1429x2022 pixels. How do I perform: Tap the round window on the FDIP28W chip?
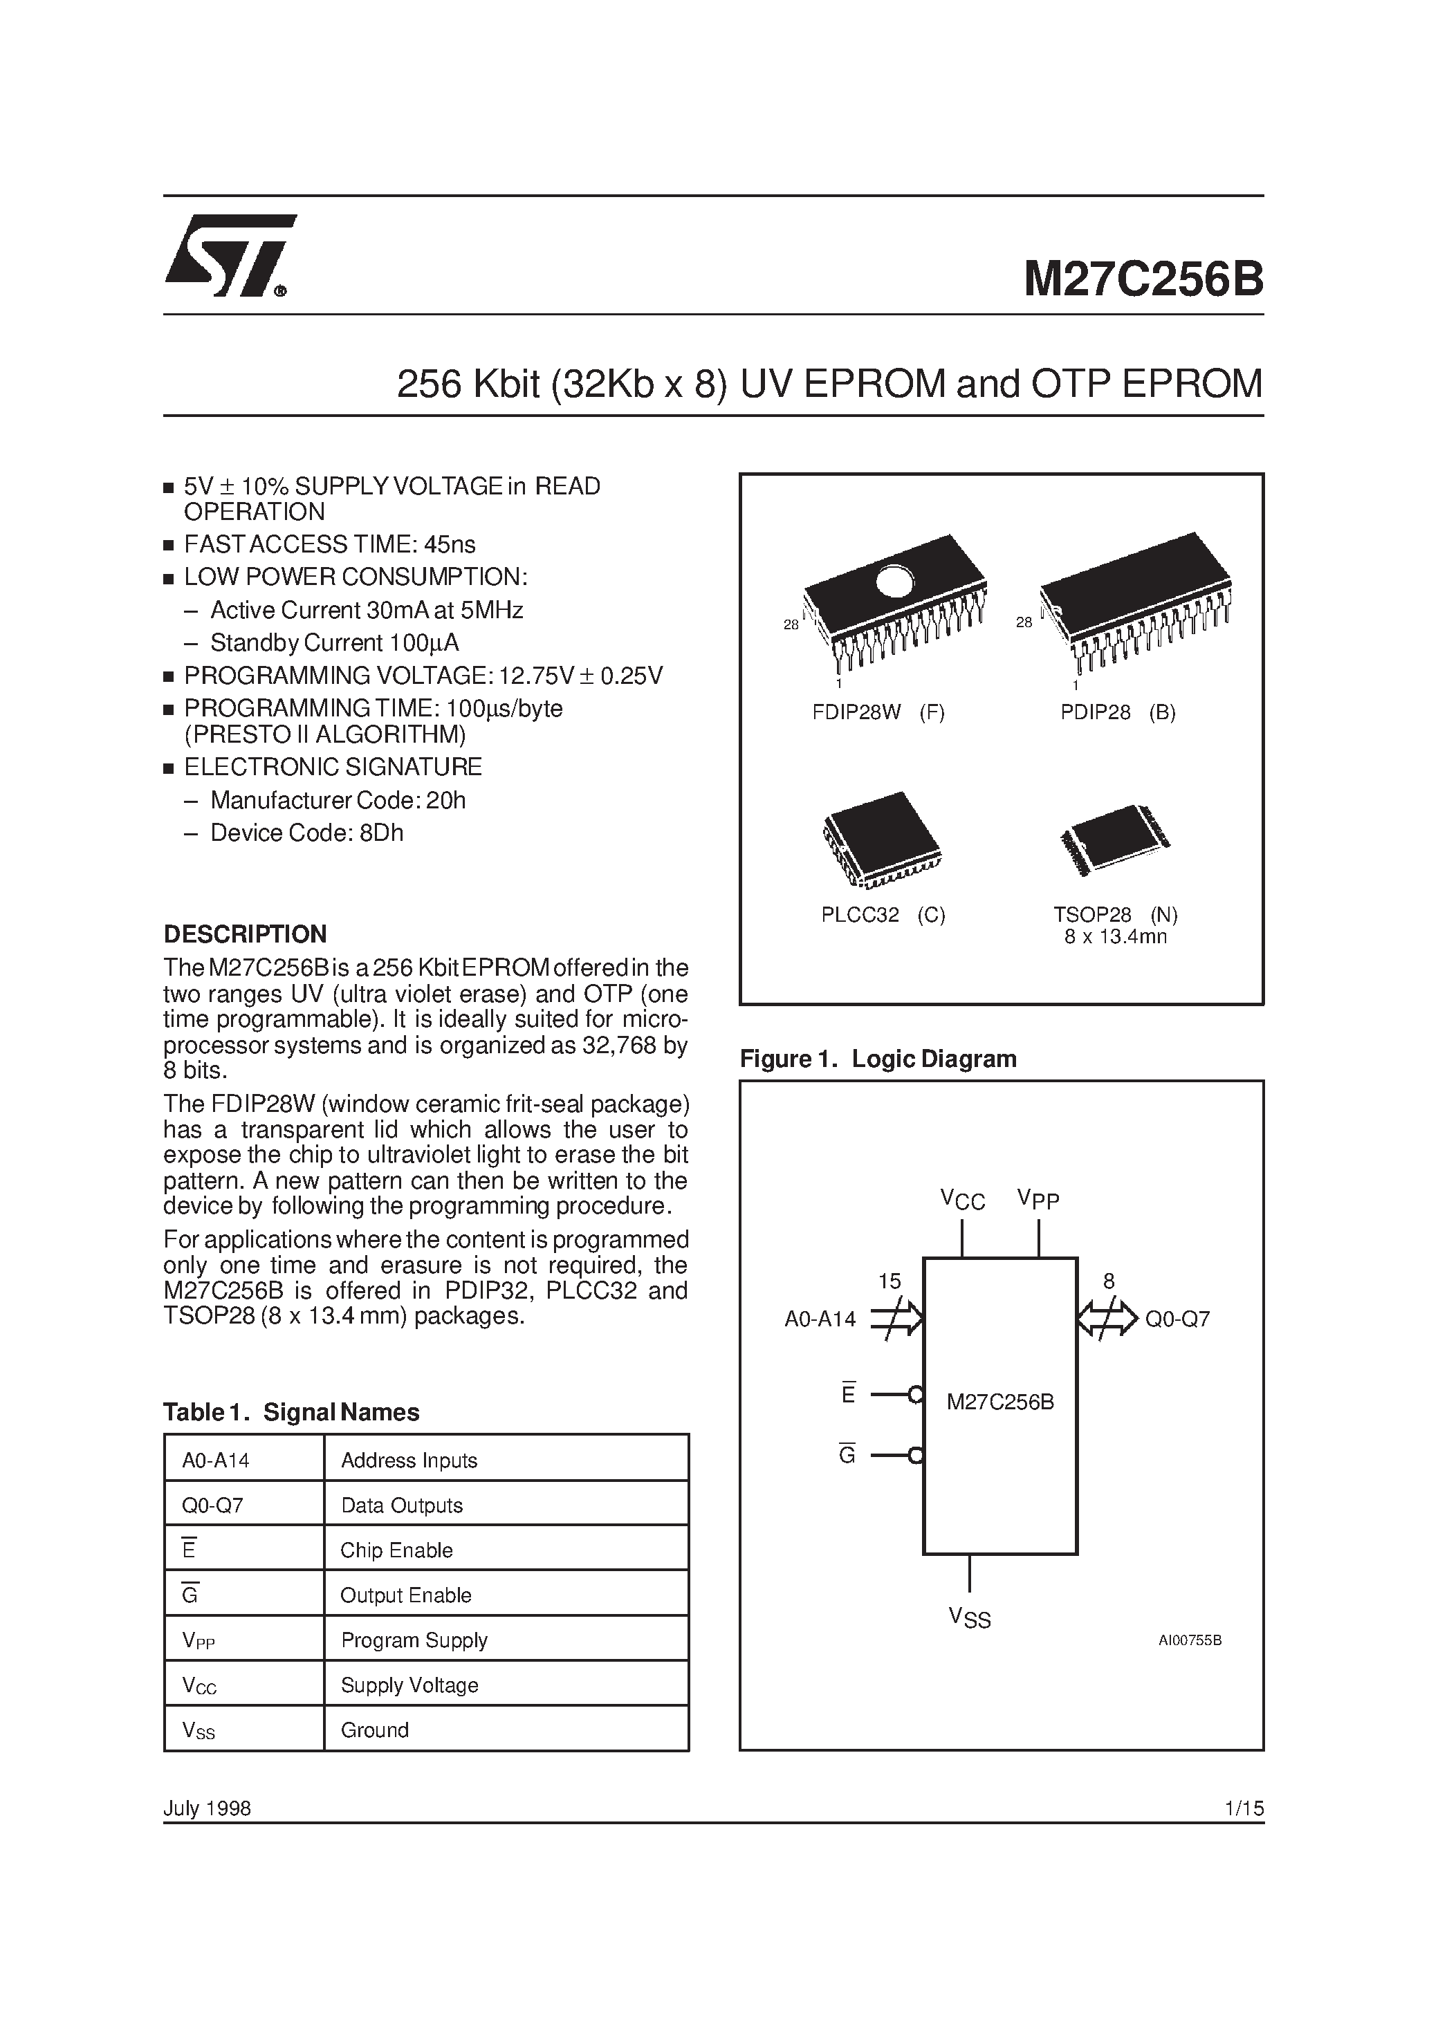click(894, 580)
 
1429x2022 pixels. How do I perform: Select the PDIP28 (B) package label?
click(1117, 712)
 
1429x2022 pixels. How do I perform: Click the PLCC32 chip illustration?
click(881, 837)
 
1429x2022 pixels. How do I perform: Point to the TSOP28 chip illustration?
click(1114, 840)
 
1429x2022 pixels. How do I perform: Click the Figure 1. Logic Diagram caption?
click(878, 1059)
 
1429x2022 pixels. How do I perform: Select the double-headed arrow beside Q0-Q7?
click(1107, 1318)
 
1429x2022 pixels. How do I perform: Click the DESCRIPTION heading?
click(245, 934)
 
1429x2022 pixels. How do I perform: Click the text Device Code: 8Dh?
click(306, 833)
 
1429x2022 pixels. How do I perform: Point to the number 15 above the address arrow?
click(889, 1281)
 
